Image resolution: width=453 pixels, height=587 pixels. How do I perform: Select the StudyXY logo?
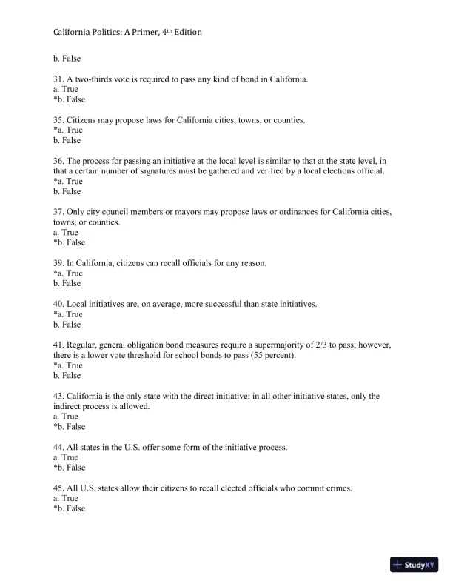coord(415,565)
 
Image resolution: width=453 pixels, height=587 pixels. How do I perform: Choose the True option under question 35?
coord(68,130)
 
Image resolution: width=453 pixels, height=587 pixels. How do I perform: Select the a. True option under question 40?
coord(68,314)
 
